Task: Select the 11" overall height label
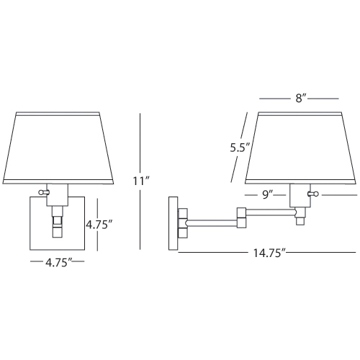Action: tap(141, 181)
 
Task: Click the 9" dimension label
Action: tap(268, 194)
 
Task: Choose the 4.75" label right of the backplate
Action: tap(99, 225)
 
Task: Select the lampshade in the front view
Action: tap(58, 148)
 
